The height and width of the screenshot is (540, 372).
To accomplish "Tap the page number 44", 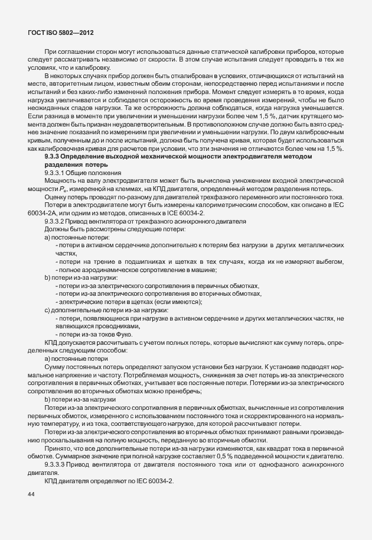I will pos(31,494).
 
